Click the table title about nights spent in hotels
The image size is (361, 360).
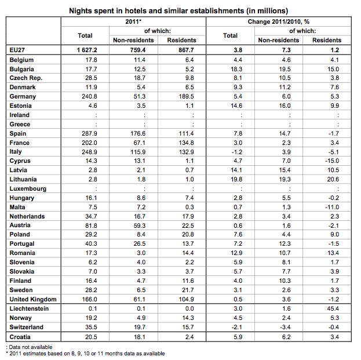[x=179, y=10]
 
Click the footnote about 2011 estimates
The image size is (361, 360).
[x=85, y=353]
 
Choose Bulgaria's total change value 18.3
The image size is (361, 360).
[x=231, y=69]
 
